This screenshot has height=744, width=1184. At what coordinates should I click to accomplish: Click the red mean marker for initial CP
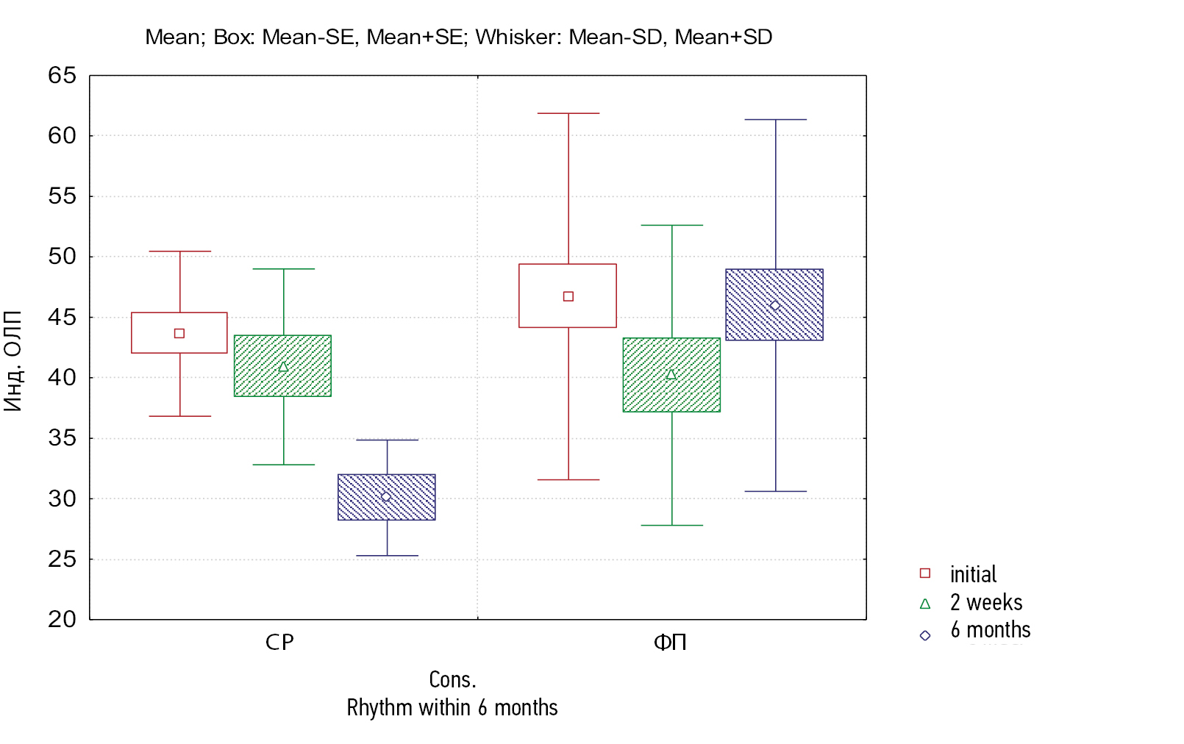pyautogui.click(x=179, y=333)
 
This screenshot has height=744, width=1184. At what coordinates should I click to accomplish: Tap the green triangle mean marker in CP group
pyautogui.click(x=283, y=366)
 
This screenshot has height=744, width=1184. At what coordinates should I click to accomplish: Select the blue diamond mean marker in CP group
pyautogui.click(x=386, y=497)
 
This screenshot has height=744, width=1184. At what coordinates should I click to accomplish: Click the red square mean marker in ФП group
pyautogui.click(x=568, y=296)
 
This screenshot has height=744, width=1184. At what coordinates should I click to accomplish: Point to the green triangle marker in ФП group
pyautogui.click(x=671, y=375)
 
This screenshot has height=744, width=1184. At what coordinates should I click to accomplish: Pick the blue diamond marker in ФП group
pyautogui.click(x=774, y=305)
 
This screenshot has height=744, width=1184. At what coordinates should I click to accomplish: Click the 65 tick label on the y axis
pyautogui.click(x=62, y=75)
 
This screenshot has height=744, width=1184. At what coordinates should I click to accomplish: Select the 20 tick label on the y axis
pyautogui.click(x=62, y=619)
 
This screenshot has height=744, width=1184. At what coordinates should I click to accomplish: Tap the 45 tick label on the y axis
pyautogui.click(x=62, y=317)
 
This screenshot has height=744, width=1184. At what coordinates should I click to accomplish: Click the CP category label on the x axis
pyautogui.click(x=279, y=643)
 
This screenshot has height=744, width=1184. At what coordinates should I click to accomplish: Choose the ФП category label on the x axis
pyautogui.click(x=670, y=643)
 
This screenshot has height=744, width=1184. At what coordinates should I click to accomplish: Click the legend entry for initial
pyautogui.click(x=972, y=574)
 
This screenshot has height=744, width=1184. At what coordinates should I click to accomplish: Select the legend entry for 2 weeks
pyautogui.click(x=985, y=602)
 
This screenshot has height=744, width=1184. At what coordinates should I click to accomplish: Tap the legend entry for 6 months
pyautogui.click(x=990, y=630)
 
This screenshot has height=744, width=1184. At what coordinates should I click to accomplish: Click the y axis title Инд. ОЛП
pyautogui.click(x=13, y=360)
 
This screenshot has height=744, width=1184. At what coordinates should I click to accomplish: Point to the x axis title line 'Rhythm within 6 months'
pyautogui.click(x=452, y=707)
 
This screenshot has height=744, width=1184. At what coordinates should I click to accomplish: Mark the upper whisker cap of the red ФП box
pyautogui.click(x=568, y=113)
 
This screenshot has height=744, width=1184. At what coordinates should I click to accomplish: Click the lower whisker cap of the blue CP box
pyautogui.click(x=387, y=556)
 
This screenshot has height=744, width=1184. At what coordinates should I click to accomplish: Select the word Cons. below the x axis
pyautogui.click(x=452, y=679)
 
